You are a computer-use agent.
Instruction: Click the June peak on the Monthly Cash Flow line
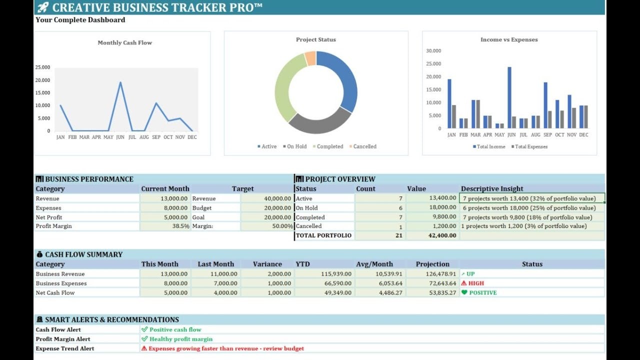120,82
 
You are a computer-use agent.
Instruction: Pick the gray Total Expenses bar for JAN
454,116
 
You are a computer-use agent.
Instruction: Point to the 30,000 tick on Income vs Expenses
433,51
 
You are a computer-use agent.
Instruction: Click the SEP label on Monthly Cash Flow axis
156,137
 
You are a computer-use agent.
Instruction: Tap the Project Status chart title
316,39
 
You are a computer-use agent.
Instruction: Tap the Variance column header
267,264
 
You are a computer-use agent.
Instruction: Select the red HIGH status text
475,283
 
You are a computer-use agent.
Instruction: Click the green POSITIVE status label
482,293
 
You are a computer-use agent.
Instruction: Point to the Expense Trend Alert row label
65,348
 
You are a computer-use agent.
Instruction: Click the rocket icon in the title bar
43,7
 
